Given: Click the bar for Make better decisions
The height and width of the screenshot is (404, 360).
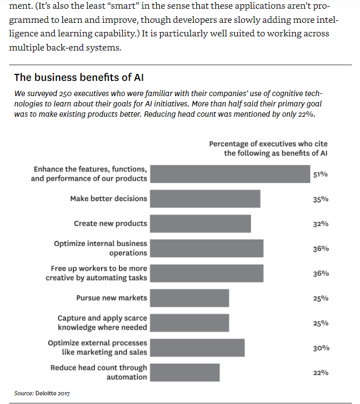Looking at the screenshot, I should point(205,199).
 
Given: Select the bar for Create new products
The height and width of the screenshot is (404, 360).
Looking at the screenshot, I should point(200,224).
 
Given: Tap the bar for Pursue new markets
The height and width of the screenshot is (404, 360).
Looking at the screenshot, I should point(189,298).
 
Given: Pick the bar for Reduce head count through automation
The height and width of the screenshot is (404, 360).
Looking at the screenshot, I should point(184,373).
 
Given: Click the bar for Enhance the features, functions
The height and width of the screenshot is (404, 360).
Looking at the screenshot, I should point(230,174).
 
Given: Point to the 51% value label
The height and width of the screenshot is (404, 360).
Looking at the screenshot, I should point(320,174).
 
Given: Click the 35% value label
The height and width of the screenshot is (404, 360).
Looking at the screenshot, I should point(320,199).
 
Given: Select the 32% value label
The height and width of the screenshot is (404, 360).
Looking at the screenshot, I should point(320,224).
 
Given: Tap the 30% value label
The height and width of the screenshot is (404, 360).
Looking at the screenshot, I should point(320,348).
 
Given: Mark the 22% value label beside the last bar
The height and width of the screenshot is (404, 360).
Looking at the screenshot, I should point(320,373).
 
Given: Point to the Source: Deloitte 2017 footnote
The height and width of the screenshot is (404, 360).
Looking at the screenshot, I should point(42,393).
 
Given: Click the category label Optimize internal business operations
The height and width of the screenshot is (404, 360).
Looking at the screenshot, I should point(100,248).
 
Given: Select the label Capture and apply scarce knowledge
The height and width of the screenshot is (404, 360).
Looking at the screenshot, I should point(103,323).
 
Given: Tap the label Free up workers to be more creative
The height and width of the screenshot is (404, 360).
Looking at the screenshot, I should point(97,273).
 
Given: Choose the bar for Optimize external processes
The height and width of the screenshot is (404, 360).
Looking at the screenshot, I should point(197,348).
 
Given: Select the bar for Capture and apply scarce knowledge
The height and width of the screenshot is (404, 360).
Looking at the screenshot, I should point(189,323).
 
